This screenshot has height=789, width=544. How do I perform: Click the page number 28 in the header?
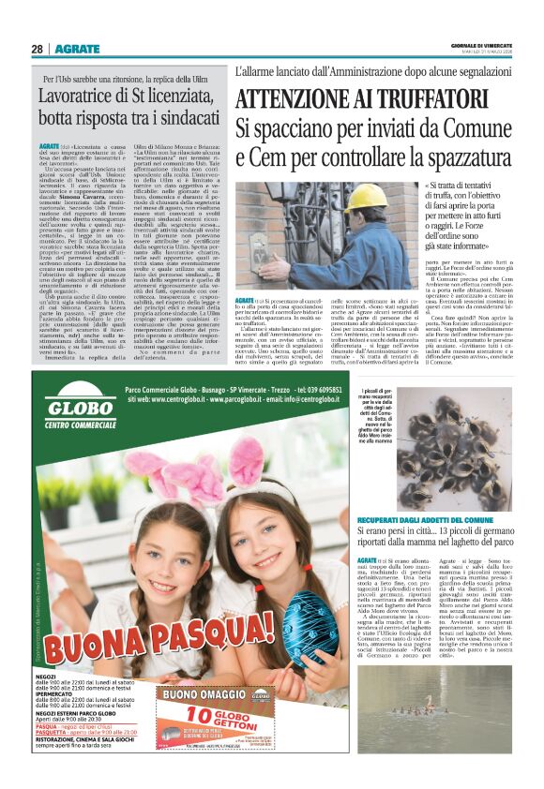click(37, 49)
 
